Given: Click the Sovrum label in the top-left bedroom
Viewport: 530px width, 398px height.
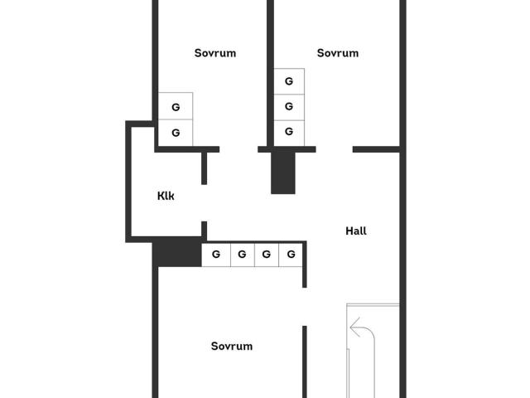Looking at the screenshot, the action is [x=215, y=53].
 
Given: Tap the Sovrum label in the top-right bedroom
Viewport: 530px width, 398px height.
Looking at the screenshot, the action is [x=338, y=53].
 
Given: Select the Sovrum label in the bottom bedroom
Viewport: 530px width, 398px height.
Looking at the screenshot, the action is [x=232, y=347].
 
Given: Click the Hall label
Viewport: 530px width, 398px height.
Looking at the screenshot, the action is [x=356, y=231].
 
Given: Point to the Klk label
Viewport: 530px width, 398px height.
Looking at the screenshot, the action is [x=166, y=196].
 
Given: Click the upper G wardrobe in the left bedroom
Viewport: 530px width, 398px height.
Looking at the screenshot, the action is [x=176, y=106].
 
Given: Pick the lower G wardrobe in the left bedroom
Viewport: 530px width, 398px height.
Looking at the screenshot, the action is [x=176, y=133].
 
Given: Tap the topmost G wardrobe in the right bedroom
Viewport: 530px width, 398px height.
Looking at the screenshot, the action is [x=289, y=81].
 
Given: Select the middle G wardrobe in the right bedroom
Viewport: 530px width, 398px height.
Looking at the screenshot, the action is [x=289, y=107].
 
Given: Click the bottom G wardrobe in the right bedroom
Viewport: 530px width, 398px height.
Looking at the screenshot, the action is [x=289, y=133].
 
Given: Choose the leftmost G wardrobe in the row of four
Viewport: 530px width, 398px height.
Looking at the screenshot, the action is [x=216, y=255].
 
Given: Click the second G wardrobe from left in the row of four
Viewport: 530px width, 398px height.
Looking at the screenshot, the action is [x=243, y=255].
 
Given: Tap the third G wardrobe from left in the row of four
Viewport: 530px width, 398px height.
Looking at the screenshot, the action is [x=267, y=255].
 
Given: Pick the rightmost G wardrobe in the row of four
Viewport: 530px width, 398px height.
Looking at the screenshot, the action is [x=291, y=255].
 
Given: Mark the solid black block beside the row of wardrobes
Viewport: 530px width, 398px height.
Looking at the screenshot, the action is [x=177, y=252].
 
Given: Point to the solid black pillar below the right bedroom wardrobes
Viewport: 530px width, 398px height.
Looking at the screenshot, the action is [x=283, y=172].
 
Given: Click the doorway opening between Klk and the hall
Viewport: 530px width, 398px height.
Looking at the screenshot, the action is [x=205, y=203].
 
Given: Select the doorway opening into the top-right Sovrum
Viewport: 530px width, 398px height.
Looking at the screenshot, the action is [x=335, y=149].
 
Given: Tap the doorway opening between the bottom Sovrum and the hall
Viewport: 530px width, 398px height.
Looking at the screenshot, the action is [x=305, y=307].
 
